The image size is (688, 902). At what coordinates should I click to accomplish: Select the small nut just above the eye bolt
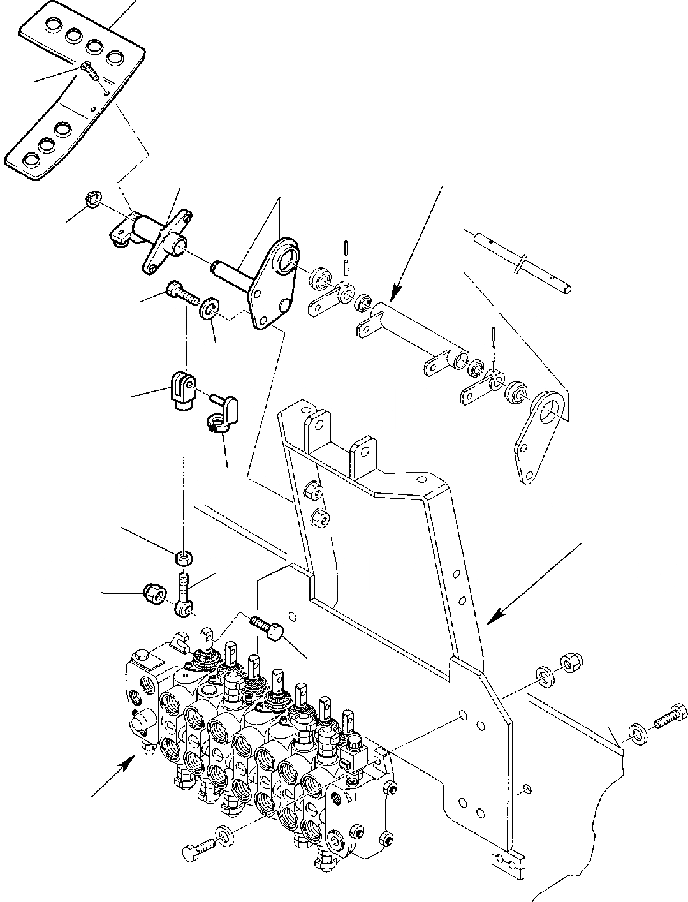[184, 559]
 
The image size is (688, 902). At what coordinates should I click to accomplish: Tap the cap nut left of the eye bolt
[153, 592]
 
